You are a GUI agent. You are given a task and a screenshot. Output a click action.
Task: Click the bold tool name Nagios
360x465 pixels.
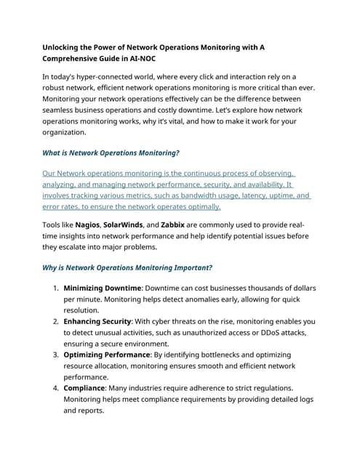tap(87, 225)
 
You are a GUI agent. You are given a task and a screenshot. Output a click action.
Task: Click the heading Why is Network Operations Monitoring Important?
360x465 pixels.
tap(127, 267)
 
